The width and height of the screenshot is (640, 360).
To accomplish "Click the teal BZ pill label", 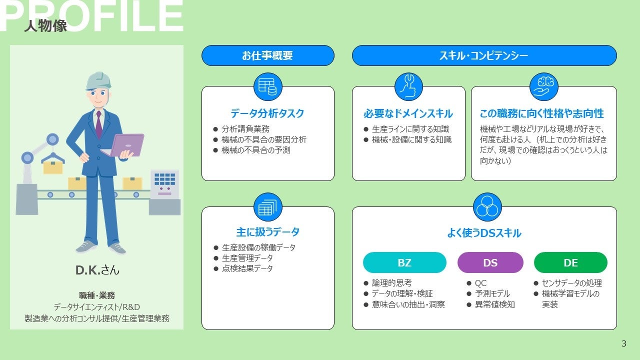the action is (404, 262).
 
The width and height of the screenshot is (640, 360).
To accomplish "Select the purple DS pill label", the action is (490, 262).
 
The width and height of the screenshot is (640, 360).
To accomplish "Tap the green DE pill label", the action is (570, 262).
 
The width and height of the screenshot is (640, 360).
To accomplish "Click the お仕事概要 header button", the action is (267, 55).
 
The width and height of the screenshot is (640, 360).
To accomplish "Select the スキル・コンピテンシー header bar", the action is (484, 55).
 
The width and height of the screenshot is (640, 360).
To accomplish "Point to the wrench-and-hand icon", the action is (408, 86).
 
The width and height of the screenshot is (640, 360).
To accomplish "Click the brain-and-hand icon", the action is (543, 86).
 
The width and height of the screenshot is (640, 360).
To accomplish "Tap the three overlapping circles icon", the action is (487, 207).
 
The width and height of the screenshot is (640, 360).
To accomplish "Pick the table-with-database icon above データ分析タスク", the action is (267, 86).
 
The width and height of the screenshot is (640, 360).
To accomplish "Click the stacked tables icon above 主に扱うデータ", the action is (267, 207).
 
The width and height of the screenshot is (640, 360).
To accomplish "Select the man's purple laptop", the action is (125, 145).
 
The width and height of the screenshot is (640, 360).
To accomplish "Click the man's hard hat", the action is (98, 81).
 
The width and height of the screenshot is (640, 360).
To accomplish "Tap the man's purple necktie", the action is (98, 124).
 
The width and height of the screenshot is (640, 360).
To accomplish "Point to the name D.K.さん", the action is (97, 270).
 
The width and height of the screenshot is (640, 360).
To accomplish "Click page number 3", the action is (623, 343).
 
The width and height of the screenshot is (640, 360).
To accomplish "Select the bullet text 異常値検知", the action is (495, 304).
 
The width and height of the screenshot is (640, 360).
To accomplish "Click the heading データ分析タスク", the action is (267, 113).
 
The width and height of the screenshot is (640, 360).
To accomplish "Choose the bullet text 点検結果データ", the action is (247, 268).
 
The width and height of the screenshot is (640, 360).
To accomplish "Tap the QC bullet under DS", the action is (480, 283).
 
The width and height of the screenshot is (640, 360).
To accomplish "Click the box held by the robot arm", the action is (53, 167).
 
